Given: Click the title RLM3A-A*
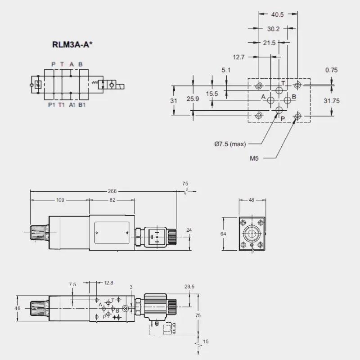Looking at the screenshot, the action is click(x=72, y=45).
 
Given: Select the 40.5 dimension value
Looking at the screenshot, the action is click(x=278, y=14).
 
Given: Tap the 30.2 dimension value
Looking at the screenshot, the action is click(x=274, y=29).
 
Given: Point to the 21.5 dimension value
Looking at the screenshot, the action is click(x=269, y=43).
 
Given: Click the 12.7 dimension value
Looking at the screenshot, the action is click(x=239, y=57).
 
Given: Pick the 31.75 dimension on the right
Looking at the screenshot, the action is click(x=332, y=101).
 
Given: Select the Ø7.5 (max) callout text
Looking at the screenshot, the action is click(x=230, y=144).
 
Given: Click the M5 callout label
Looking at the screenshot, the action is click(x=254, y=158).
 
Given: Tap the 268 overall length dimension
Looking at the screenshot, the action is click(x=112, y=191).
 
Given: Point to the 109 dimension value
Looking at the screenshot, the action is click(x=60, y=200).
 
